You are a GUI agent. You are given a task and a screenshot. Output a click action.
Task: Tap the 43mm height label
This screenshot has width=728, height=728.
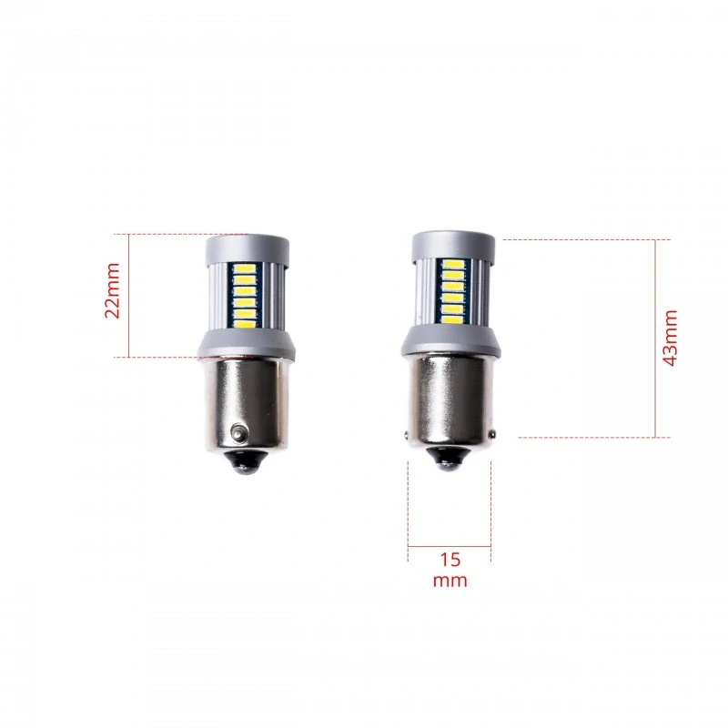point(671,338)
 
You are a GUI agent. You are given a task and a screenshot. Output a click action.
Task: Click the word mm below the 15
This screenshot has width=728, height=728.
point(450,580)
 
